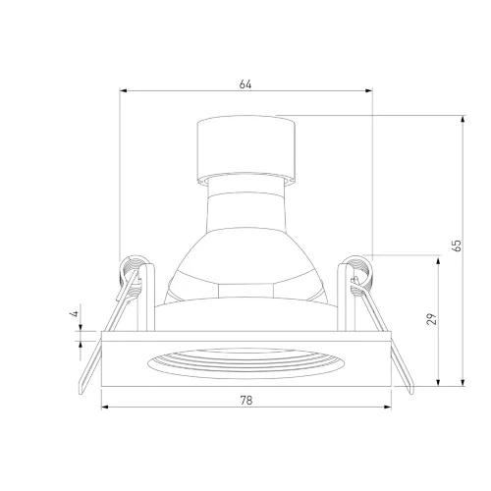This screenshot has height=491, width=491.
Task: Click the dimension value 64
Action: click(x=245, y=84)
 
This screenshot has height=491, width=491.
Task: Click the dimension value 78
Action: click(x=246, y=400)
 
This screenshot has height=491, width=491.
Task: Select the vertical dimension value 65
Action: click(x=457, y=245)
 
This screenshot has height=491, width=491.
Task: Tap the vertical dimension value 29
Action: click(x=432, y=319)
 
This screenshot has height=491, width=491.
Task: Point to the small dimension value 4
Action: click(x=75, y=313)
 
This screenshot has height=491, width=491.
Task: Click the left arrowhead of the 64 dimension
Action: click(x=123, y=90)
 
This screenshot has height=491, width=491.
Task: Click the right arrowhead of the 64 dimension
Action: click(x=369, y=90)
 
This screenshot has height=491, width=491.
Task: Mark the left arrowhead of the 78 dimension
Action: click(x=105, y=407)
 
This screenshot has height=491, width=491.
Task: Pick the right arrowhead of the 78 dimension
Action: click(x=388, y=407)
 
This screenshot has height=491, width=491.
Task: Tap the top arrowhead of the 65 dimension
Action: click(x=463, y=119)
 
